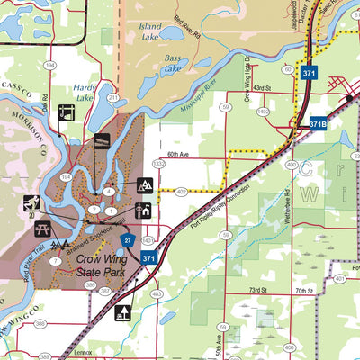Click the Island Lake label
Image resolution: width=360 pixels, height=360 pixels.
tap(150, 32)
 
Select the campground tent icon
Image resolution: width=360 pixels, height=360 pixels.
tap(144, 186)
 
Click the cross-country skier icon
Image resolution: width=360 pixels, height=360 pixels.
tap(31, 202)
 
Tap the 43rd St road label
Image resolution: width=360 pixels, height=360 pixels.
tap(262, 88)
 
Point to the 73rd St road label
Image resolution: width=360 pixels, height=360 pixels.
tap(259, 291)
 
